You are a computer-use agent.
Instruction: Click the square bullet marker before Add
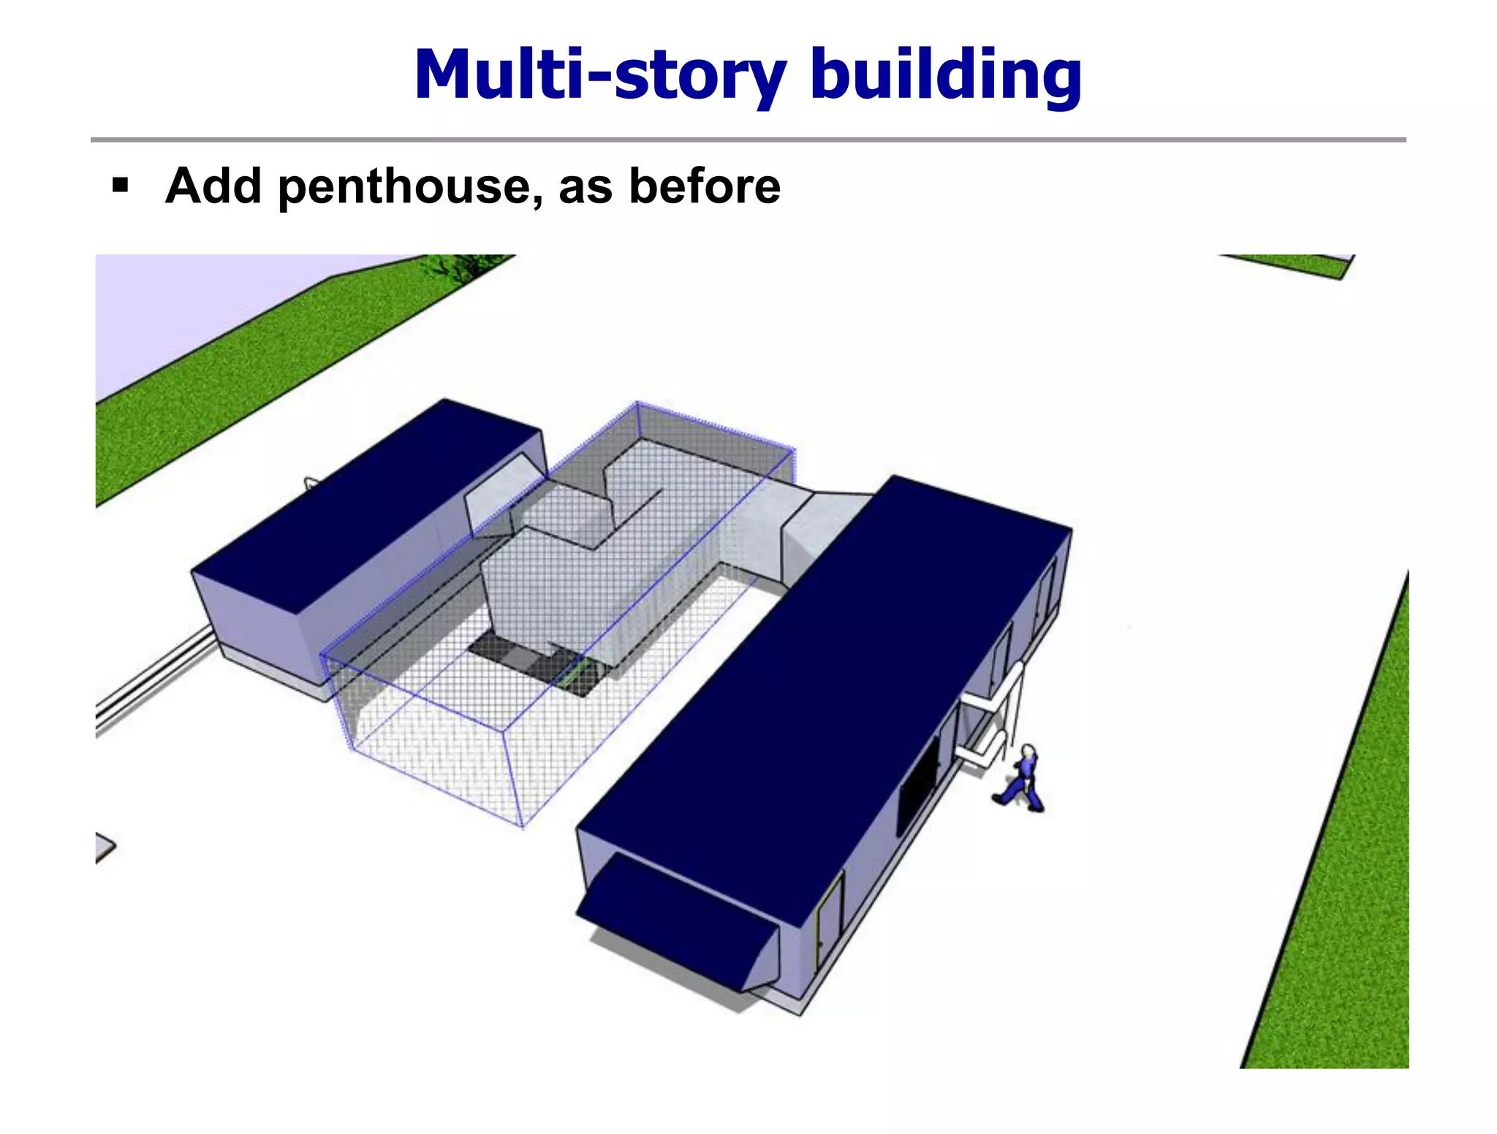click(x=121, y=185)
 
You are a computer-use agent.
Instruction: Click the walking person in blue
click(x=1021, y=781)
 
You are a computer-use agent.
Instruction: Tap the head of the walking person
click(x=1028, y=752)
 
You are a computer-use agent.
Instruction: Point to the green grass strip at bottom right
click(x=1345, y=913)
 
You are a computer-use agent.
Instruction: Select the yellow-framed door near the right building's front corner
click(x=830, y=913)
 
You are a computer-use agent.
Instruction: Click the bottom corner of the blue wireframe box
click(x=522, y=826)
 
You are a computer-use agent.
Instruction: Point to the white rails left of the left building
click(x=154, y=680)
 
